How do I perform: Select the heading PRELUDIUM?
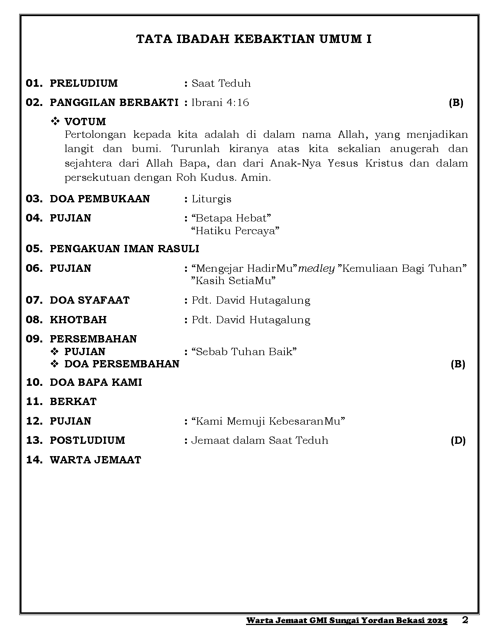tap(84, 83)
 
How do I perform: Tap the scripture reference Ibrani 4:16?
tap(220, 103)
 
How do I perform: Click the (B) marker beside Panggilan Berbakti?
tap(456, 103)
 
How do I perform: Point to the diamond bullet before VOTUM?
tap(55, 122)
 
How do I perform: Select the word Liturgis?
tap(211, 199)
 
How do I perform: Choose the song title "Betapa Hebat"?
tap(231, 218)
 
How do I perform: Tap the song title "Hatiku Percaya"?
tap(235, 231)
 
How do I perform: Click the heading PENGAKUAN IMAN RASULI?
tap(124, 249)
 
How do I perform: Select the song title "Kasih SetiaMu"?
tap(233, 281)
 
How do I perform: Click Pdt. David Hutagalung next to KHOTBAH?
tap(251, 320)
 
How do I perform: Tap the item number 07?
tap(34, 300)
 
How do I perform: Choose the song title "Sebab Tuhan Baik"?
tap(244, 352)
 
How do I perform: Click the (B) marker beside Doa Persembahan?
tap(458, 364)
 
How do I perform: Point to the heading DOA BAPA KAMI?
tap(96, 382)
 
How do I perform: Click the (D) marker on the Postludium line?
tap(458, 440)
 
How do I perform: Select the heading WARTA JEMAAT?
tap(96, 460)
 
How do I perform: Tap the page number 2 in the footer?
tap(465, 620)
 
